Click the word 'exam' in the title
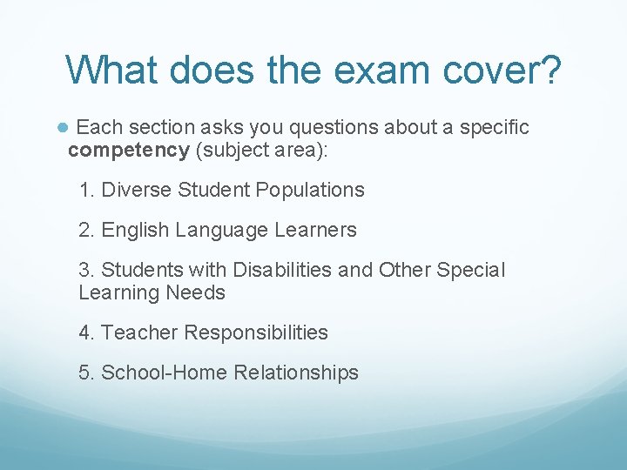tap(348, 70)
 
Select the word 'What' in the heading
tap(113, 70)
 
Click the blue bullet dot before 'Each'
tap(63, 128)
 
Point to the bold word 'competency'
tap(128, 150)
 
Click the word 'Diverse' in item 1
tap(137, 190)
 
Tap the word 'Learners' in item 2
tap(316, 231)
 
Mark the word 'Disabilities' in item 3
tap(282, 271)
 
